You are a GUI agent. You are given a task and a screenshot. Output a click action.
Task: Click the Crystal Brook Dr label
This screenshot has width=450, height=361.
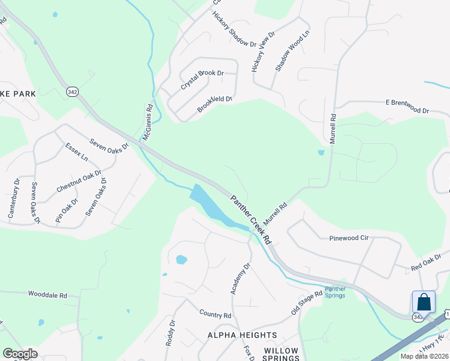[202, 81]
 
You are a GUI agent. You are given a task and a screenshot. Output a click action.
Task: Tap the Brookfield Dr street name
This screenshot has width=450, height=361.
[214, 103]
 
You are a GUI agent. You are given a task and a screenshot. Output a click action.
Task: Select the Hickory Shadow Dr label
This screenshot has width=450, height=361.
[235, 28]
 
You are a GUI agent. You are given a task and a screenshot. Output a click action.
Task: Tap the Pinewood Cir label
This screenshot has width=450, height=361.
[348, 238]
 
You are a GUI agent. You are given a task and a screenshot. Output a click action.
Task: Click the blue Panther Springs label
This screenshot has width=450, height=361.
[335, 292]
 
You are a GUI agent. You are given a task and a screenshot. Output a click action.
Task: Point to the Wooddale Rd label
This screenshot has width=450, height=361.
[47, 295]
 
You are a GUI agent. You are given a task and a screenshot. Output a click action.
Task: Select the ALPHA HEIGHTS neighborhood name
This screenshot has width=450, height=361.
[242, 335]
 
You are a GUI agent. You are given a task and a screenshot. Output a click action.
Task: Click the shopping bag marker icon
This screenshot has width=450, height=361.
[424, 301]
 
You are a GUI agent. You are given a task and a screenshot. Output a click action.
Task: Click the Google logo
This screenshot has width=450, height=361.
[20, 354]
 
